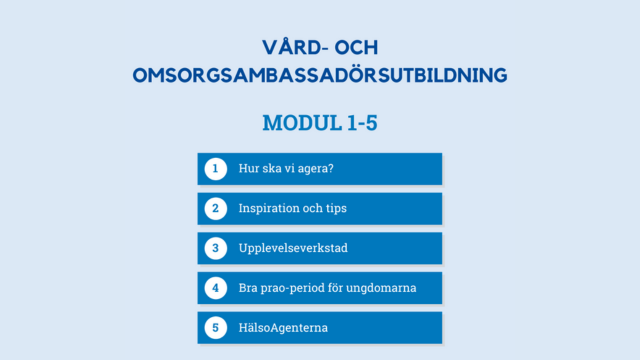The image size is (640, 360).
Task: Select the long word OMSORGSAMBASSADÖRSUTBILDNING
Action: click(320, 76)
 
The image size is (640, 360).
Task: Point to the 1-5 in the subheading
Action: click(357, 123)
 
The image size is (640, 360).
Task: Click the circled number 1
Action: click(215, 168)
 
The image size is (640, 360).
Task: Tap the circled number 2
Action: click(215, 208)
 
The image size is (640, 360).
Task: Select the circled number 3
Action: click(215, 248)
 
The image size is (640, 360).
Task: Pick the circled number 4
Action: click(215, 288)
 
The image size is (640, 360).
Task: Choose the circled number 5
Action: click(215, 327)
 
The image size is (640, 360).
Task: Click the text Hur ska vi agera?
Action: click(286, 168)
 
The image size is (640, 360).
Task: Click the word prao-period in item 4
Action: click(295, 288)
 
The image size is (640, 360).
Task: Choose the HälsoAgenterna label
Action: click(283, 327)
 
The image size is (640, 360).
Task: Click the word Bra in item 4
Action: click(248, 288)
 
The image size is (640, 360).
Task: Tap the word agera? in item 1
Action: click(314, 169)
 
